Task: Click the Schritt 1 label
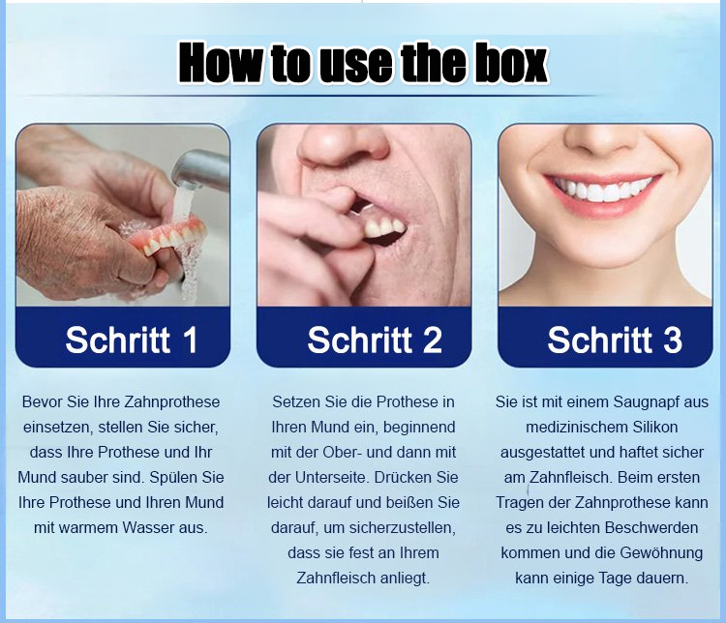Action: pyautogui.click(x=132, y=340)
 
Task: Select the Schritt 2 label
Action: pyautogui.click(x=375, y=340)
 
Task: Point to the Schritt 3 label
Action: pyautogui.click(x=615, y=340)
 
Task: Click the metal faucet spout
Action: pyautogui.click(x=201, y=170)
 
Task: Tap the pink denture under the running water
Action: pyautogui.click(x=166, y=236)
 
